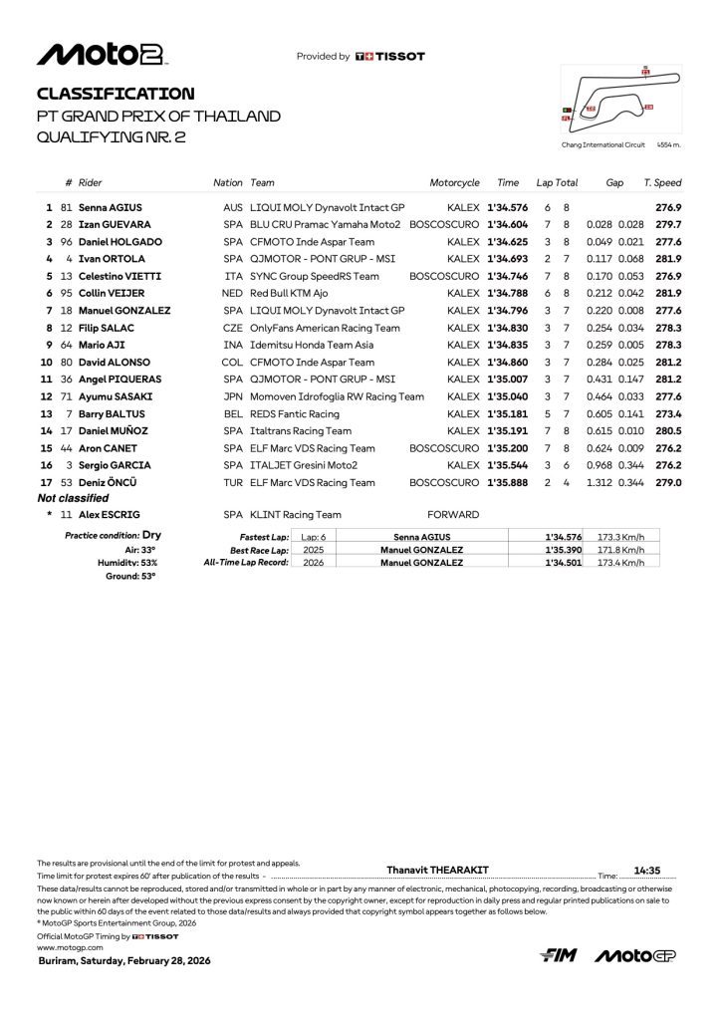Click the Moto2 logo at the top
[x=102, y=55]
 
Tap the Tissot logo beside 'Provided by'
[x=389, y=57]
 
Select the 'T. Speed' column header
[x=662, y=183]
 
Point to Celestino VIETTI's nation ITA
[x=233, y=276]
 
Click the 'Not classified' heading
[x=73, y=498]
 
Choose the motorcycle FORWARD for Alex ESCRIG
[x=453, y=515]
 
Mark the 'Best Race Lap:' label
[x=259, y=550]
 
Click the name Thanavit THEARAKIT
[x=437, y=870]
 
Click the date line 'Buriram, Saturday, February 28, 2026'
[x=123, y=961]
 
